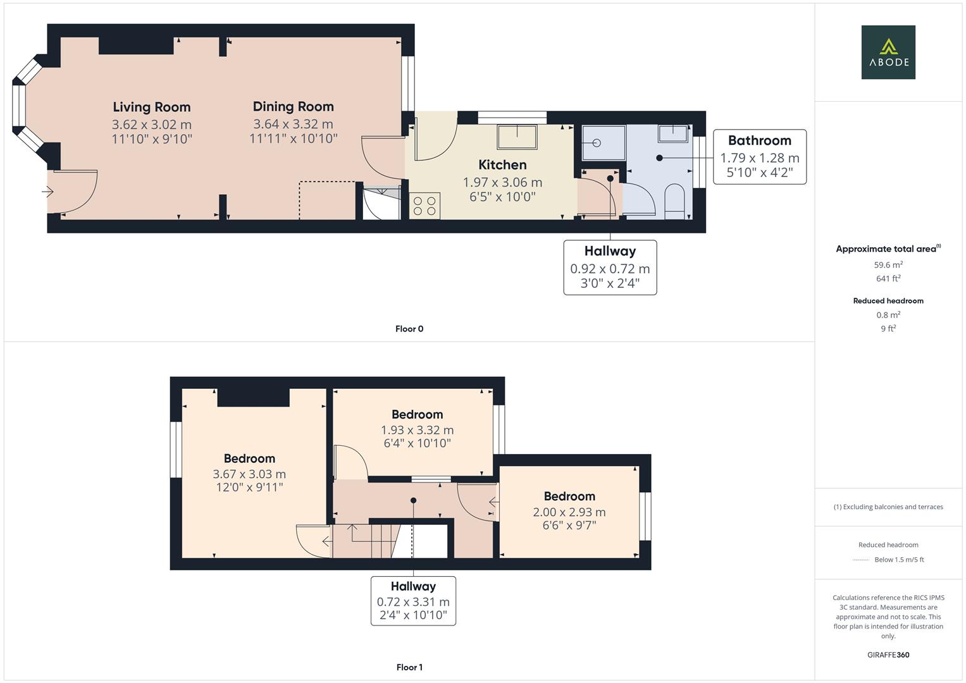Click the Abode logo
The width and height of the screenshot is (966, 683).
point(888,52)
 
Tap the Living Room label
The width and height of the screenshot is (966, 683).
point(152,107)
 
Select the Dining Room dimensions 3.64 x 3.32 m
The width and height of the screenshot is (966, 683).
point(293,124)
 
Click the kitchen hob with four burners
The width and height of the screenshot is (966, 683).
point(424,206)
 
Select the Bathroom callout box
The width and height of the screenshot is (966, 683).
point(759,157)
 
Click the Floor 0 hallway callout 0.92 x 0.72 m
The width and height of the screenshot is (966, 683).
point(610,268)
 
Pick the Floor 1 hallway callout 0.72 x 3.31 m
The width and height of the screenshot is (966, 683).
point(413,601)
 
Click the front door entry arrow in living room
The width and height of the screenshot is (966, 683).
point(48,192)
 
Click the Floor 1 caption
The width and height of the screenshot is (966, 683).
point(409,667)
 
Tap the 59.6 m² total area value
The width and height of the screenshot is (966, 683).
point(888,265)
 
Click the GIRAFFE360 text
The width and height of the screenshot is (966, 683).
point(888,655)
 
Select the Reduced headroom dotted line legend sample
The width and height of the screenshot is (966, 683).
point(861,560)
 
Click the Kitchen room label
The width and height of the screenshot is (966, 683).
point(502,165)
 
